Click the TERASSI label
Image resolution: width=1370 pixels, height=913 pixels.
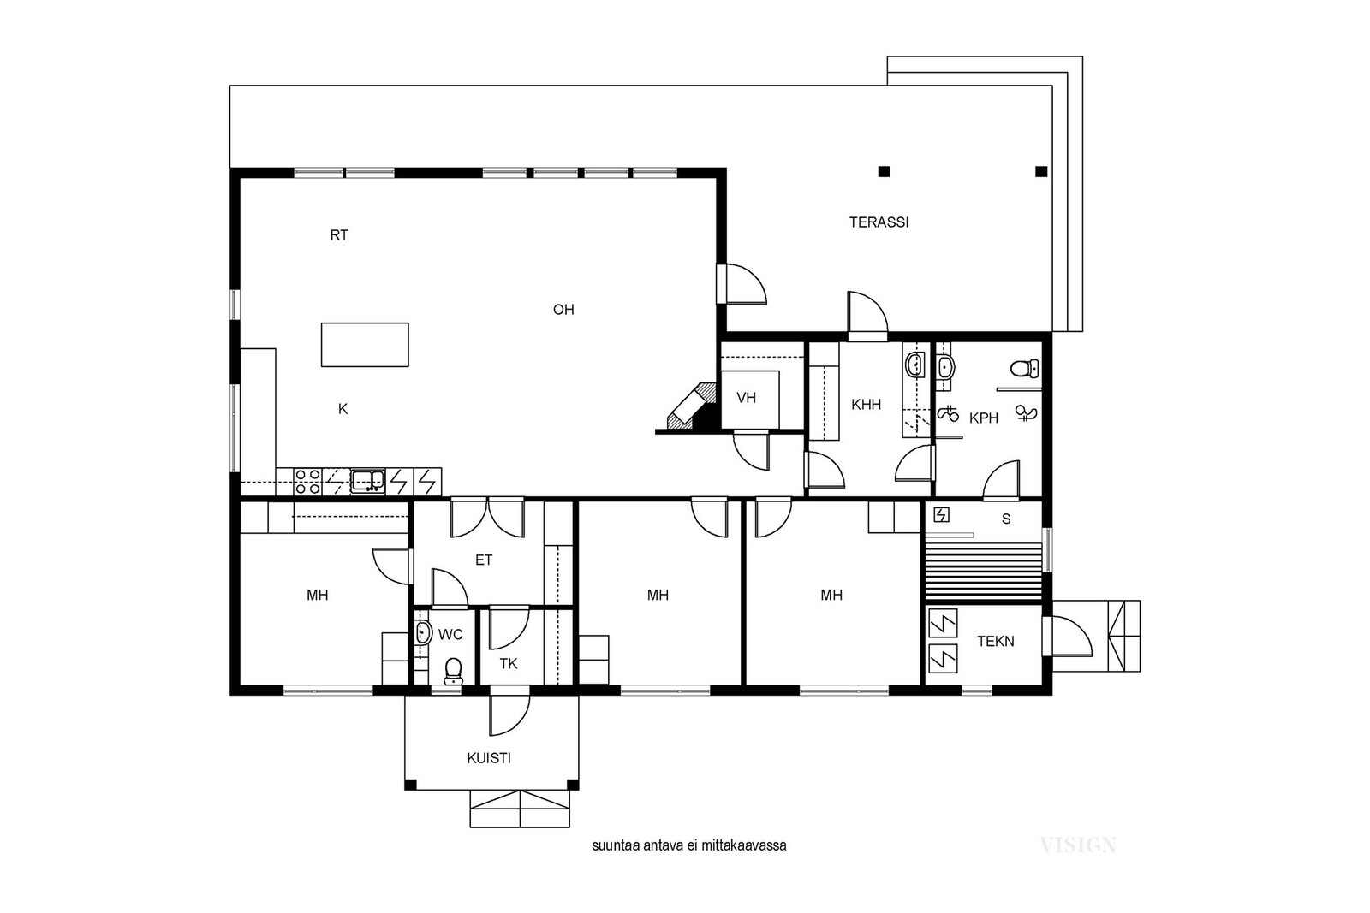(x=879, y=222)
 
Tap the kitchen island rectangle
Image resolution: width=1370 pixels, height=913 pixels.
(x=365, y=345)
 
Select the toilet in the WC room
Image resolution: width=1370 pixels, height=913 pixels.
(x=453, y=671)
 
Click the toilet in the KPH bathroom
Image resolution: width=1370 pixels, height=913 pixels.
(x=1024, y=369)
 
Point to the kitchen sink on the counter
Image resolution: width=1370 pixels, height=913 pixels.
(x=367, y=481)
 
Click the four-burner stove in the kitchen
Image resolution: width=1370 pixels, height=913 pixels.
(x=307, y=482)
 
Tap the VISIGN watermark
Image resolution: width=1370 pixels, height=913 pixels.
(x=1078, y=845)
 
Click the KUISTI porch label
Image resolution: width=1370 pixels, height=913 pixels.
(x=489, y=758)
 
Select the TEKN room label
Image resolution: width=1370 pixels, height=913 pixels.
(x=996, y=642)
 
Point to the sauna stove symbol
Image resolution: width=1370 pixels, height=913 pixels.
(x=941, y=515)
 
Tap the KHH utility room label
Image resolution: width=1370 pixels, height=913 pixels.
(x=866, y=405)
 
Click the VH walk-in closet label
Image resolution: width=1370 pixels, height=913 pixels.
(x=746, y=399)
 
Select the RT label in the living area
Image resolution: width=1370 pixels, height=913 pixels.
(x=339, y=235)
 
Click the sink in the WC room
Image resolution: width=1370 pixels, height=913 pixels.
(x=422, y=631)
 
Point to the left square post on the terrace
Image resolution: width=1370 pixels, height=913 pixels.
(x=884, y=172)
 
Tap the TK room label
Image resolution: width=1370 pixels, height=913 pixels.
(x=509, y=664)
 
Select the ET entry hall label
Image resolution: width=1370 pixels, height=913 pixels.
(x=484, y=560)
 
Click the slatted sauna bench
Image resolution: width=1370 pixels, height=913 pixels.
(x=984, y=571)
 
